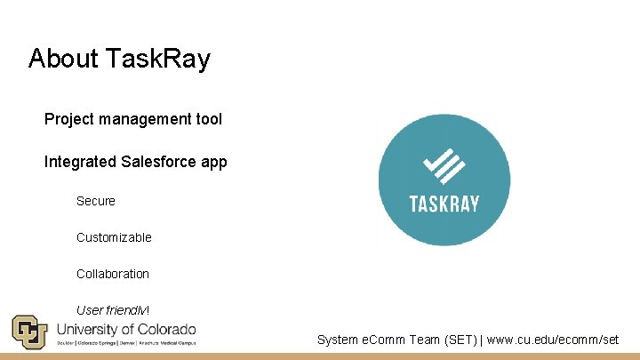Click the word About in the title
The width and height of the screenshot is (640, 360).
coord(64,60)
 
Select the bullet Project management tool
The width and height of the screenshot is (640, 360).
coord(133,119)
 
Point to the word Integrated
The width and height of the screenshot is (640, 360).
coord(80,162)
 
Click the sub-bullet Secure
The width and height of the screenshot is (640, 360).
coord(96,201)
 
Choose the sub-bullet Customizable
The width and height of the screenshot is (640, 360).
coord(114,237)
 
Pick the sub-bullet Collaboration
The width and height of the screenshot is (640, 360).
coord(113,274)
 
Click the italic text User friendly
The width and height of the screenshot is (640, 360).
coord(112,310)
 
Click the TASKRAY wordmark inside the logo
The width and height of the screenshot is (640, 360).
coord(444,204)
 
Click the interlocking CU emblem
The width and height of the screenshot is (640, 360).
coord(28,332)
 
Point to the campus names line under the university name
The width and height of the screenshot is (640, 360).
coord(125,342)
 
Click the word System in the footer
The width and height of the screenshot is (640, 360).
coord(338,340)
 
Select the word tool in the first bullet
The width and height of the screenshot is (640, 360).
coord(208,119)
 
